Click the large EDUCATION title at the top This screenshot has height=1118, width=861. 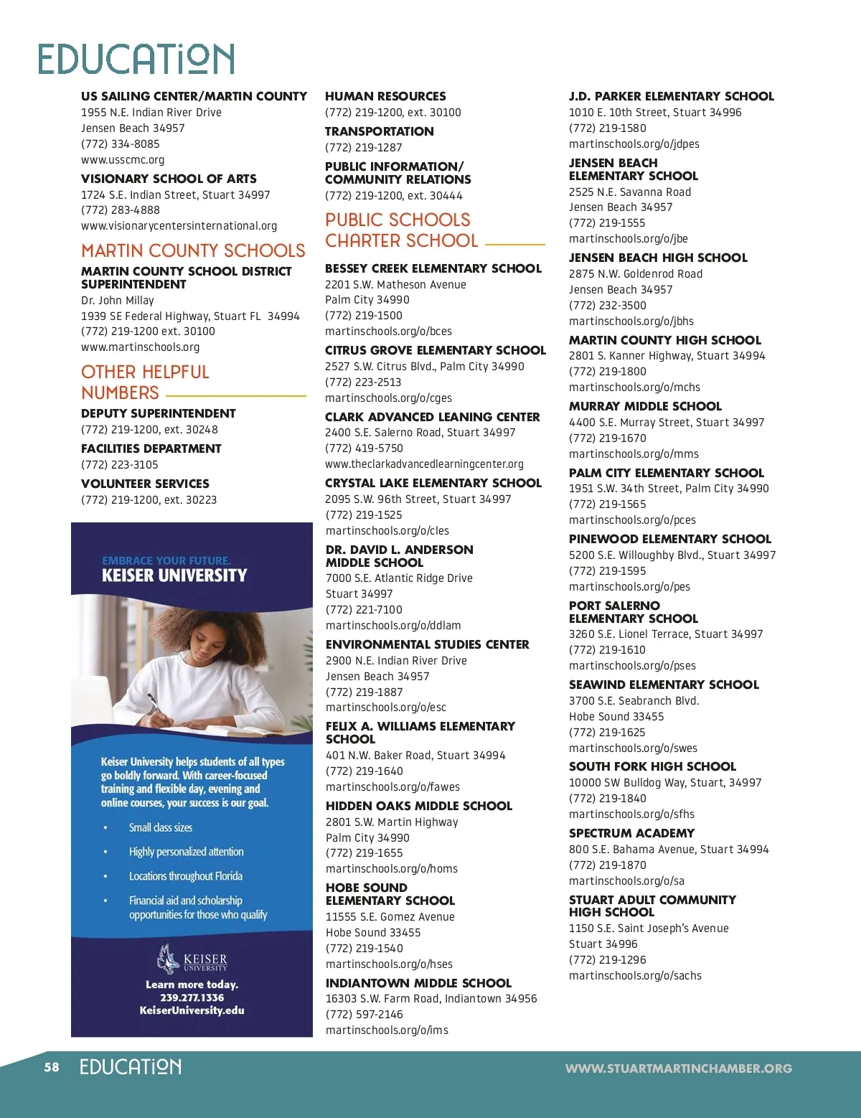pyautogui.click(x=136, y=59)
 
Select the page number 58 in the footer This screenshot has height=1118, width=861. pyautogui.click(x=52, y=1067)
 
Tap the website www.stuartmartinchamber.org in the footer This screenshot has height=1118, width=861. pyautogui.click(x=678, y=1068)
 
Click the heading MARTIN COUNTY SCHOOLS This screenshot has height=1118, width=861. pyautogui.click(x=193, y=250)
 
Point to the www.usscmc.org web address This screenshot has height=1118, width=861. pyautogui.click(x=123, y=160)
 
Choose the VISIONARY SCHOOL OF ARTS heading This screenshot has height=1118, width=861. pyautogui.click(x=169, y=179)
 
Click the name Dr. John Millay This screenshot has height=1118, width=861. pyautogui.click(x=118, y=301)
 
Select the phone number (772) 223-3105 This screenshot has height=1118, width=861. pyautogui.click(x=119, y=465)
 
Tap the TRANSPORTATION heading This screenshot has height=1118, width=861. pyautogui.click(x=379, y=131)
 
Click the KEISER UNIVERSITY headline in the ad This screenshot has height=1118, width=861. pyautogui.click(x=174, y=576)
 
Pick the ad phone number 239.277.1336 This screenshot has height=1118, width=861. pyautogui.click(x=192, y=997)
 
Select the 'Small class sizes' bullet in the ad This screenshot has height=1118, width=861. pyautogui.click(x=161, y=827)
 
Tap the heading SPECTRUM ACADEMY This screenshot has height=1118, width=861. pyautogui.click(x=631, y=833)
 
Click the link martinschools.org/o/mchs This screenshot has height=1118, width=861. pyautogui.click(x=634, y=387)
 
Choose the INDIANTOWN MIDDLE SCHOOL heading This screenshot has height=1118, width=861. pyautogui.click(x=418, y=983)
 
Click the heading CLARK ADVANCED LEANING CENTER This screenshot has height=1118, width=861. pyautogui.click(x=432, y=417)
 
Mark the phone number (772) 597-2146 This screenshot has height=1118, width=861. pyautogui.click(x=364, y=1015)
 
